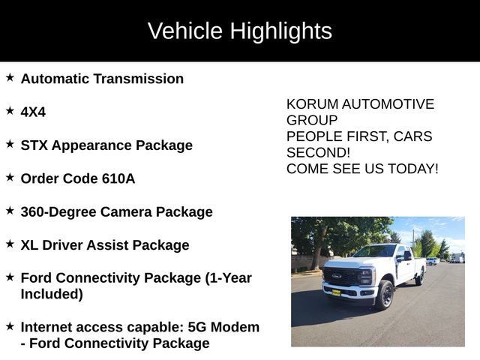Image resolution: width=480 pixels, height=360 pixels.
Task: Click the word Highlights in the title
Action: coord(280,31)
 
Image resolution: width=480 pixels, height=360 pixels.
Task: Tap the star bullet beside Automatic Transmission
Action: coord(10,77)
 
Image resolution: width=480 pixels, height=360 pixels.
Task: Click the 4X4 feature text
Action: coord(33,112)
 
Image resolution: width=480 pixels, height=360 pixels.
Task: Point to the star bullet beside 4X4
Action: coord(10,110)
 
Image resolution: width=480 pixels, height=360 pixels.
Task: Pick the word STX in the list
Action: coord(34,145)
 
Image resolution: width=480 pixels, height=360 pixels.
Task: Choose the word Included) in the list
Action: coord(52,294)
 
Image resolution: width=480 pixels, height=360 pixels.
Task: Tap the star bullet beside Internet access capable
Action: coord(10,326)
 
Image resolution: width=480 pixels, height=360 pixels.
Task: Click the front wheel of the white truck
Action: coord(385,295)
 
